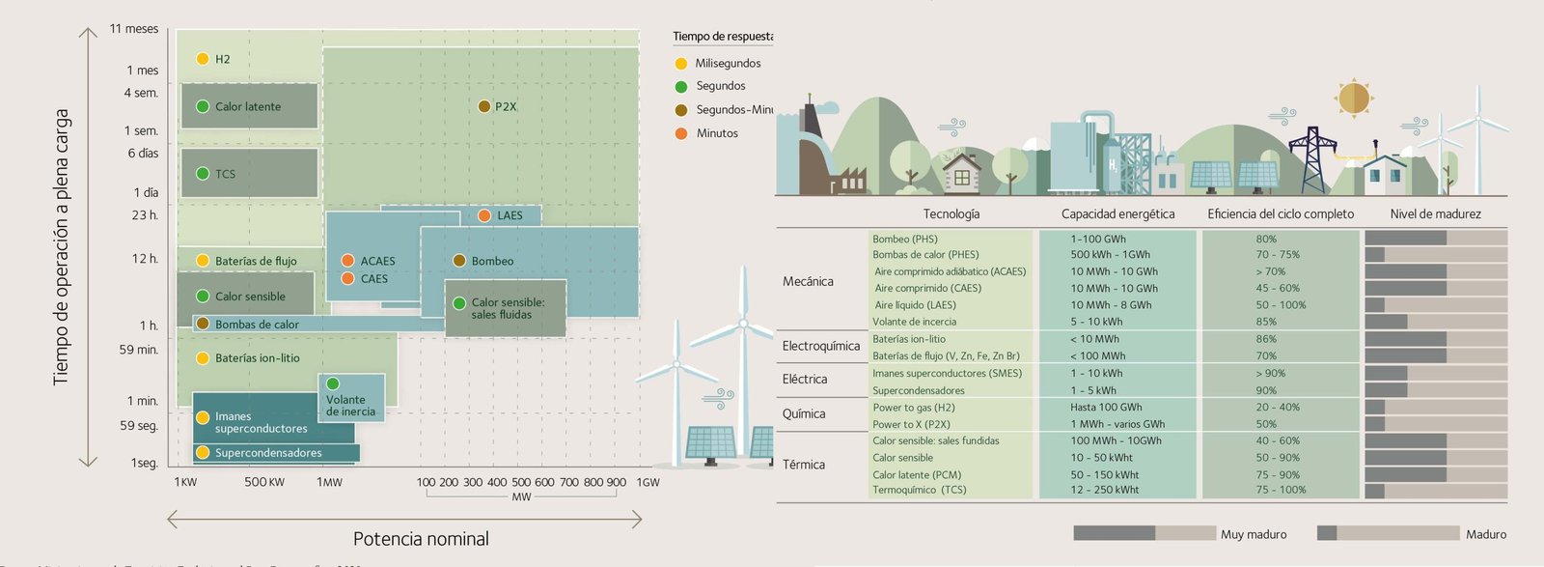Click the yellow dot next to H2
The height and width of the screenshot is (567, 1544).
point(203,59)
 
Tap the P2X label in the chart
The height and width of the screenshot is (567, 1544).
point(506,106)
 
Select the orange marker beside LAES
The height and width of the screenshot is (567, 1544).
point(484,215)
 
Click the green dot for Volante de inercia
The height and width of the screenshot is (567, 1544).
point(333,383)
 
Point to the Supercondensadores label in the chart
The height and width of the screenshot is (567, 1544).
point(268,452)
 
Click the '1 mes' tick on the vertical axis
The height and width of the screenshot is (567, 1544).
point(142,71)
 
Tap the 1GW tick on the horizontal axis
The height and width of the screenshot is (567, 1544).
point(648,482)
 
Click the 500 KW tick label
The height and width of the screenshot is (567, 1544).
point(264,482)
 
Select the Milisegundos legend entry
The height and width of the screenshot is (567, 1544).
point(728,64)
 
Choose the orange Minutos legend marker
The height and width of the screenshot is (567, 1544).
point(681,133)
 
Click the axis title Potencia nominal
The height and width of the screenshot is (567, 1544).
point(421,539)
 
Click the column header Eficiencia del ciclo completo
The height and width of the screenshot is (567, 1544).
point(1281,214)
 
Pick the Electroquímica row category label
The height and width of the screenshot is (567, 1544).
point(820,346)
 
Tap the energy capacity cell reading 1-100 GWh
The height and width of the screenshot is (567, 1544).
point(1098,239)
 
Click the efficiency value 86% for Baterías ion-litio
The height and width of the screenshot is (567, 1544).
point(1266,339)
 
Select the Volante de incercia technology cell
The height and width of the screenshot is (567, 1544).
point(914,322)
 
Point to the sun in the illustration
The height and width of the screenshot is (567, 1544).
point(1354,98)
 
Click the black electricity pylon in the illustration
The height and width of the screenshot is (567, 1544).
point(1312,159)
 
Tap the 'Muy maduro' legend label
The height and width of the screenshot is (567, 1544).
point(1254,534)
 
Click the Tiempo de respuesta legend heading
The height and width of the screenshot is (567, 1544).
point(723,37)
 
